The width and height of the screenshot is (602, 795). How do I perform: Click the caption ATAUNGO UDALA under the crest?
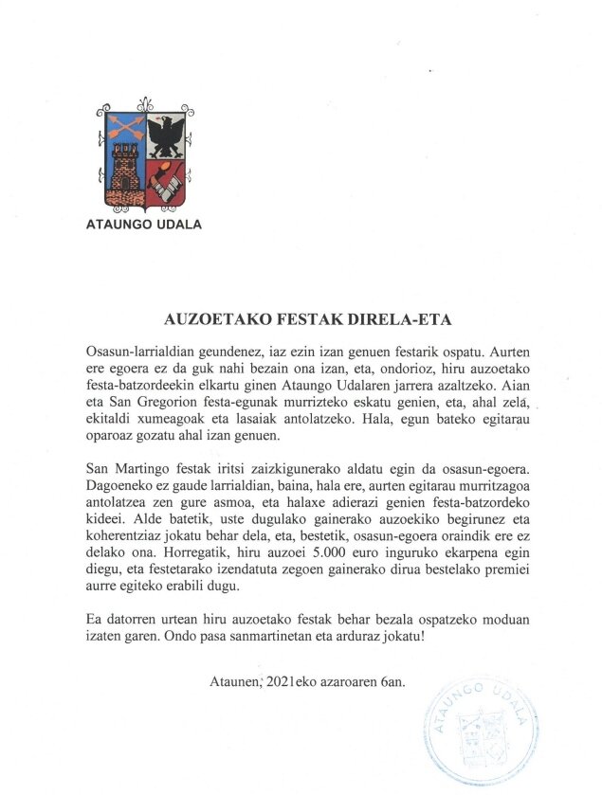click(144, 225)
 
